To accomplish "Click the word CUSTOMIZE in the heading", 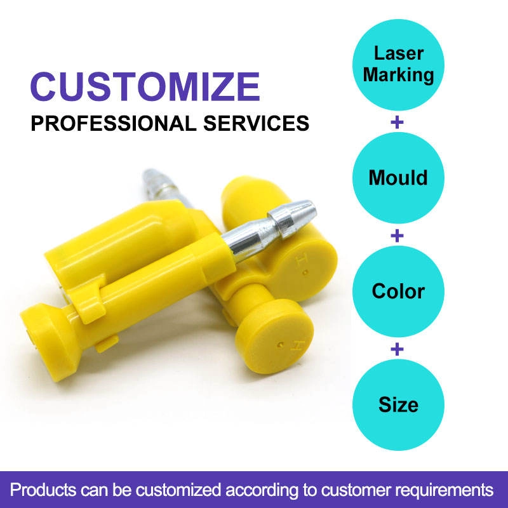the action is click(145, 86).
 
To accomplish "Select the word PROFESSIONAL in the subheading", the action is click(114, 123).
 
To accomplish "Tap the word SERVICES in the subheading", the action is click(256, 123).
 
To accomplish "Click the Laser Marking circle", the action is click(398, 65).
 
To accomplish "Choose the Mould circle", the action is click(398, 178).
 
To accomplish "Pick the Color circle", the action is click(398, 291).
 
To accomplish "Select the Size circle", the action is click(398, 404).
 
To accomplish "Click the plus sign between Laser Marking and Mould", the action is click(398, 123).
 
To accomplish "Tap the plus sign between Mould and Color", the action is click(398, 236).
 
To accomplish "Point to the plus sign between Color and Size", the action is click(398, 349).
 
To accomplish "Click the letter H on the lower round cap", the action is click(297, 346).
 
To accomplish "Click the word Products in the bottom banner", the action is click(43, 490).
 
